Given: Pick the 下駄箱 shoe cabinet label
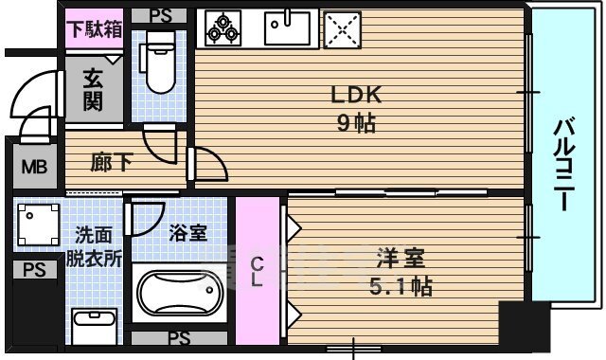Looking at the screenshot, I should [94, 28].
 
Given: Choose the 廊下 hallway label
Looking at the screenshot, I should [112, 163].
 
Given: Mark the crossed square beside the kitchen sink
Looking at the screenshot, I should [343, 29].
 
